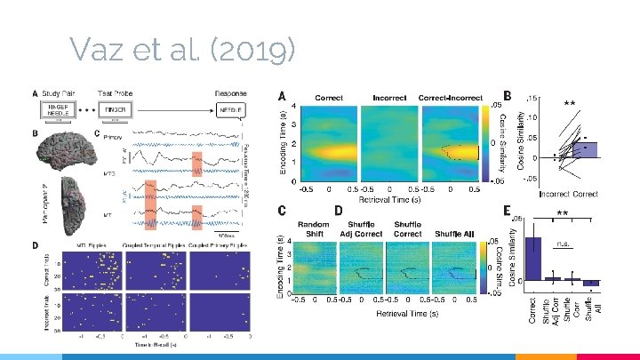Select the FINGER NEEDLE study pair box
pyautogui.click(x=58, y=110)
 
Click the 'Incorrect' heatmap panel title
pyautogui.click(x=389, y=97)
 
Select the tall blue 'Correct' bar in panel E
pyautogui.click(x=533, y=259)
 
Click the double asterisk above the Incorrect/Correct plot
pyautogui.click(x=570, y=105)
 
